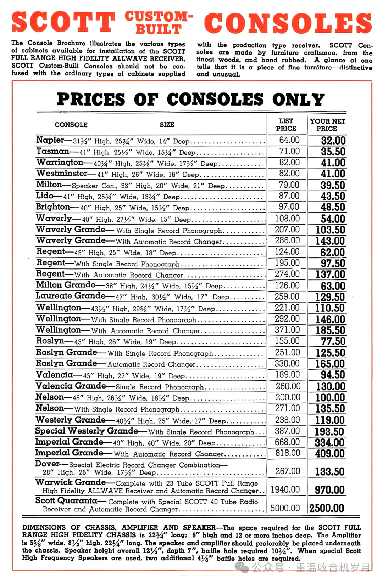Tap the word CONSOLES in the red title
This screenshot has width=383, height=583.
pyautogui.click(x=288, y=23)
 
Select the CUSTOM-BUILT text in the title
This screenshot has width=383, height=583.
pyautogui.click(x=159, y=22)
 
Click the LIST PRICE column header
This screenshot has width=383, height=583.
pyautogui.click(x=286, y=125)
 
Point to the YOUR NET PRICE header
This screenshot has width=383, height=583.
pyautogui.click(x=327, y=125)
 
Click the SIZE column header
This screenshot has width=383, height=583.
pyautogui.click(x=167, y=125)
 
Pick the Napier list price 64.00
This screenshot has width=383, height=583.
pyautogui.click(x=289, y=140)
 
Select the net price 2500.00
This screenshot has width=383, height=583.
pyautogui.click(x=327, y=508)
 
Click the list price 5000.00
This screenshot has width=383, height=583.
pyautogui.click(x=285, y=508)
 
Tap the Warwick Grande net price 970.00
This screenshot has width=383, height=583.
pyautogui.click(x=329, y=490)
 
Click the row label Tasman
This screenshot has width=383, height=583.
pyautogui.click(x=53, y=151)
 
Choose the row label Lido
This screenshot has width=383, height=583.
pyautogui.click(x=44, y=196)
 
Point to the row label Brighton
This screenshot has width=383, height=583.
pyautogui.click(x=53, y=207)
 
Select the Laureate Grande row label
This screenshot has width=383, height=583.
pyautogui.click(x=71, y=296)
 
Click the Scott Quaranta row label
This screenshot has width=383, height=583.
pyautogui.click(x=66, y=500)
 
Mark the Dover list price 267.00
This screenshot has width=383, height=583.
pyautogui.click(x=288, y=471)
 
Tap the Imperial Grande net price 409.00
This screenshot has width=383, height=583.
pyautogui.click(x=329, y=453)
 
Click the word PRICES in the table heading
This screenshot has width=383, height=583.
pyautogui.click(x=91, y=99)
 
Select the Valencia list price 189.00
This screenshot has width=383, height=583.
pyautogui.click(x=288, y=374)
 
